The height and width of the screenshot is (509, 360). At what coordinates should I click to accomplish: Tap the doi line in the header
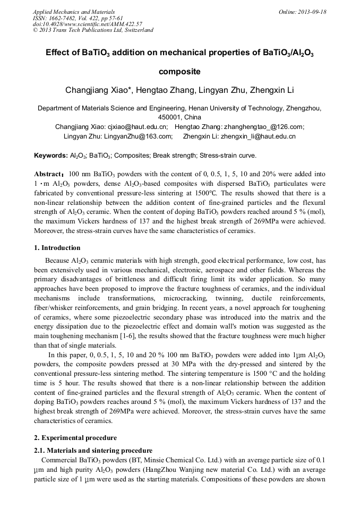87,24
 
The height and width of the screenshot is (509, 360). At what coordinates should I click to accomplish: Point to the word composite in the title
179,71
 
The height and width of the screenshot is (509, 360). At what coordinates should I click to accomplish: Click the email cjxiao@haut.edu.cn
138,127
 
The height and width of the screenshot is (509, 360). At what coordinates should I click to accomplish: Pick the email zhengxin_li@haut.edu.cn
259,136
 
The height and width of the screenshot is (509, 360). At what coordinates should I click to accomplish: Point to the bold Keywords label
50,156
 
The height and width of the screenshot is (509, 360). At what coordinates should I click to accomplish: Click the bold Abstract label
49,174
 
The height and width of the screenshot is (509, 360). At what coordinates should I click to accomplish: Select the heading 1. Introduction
57,248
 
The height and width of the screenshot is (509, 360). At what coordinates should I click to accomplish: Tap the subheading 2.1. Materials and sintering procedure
93,450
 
